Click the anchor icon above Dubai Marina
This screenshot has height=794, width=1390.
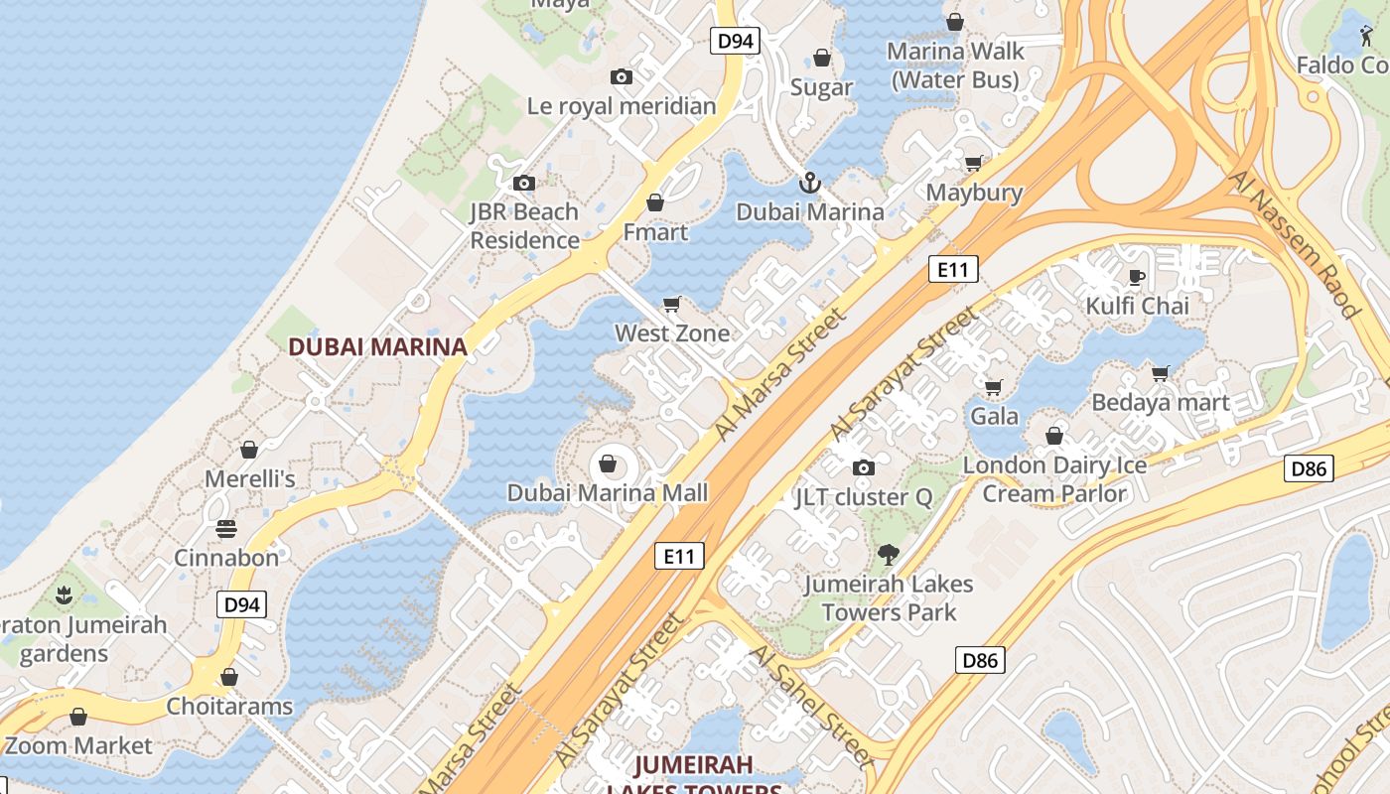(810, 183)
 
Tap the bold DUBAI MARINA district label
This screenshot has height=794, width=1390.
(377, 346)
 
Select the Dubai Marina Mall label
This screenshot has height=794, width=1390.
(608, 493)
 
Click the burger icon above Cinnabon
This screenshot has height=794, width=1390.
(226, 528)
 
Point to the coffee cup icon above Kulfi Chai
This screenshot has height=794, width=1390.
(1137, 276)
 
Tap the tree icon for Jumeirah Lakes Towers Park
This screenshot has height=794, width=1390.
(888, 555)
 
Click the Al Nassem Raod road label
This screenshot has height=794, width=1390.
(1294, 244)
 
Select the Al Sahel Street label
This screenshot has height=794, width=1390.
(809, 706)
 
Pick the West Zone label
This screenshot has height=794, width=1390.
(672, 333)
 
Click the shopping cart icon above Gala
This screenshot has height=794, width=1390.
(993, 387)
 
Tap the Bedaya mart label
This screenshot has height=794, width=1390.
(1160, 403)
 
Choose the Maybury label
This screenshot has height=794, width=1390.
(974, 193)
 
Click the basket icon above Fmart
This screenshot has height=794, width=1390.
(654, 203)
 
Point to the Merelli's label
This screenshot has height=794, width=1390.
(250, 479)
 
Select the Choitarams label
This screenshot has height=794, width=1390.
(229, 707)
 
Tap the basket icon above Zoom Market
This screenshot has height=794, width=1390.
(78, 717)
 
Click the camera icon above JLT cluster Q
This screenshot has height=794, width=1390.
(864, 467)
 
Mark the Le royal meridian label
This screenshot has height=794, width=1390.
(621, 106)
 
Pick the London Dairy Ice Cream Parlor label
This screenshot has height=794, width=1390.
(1054, 478)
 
